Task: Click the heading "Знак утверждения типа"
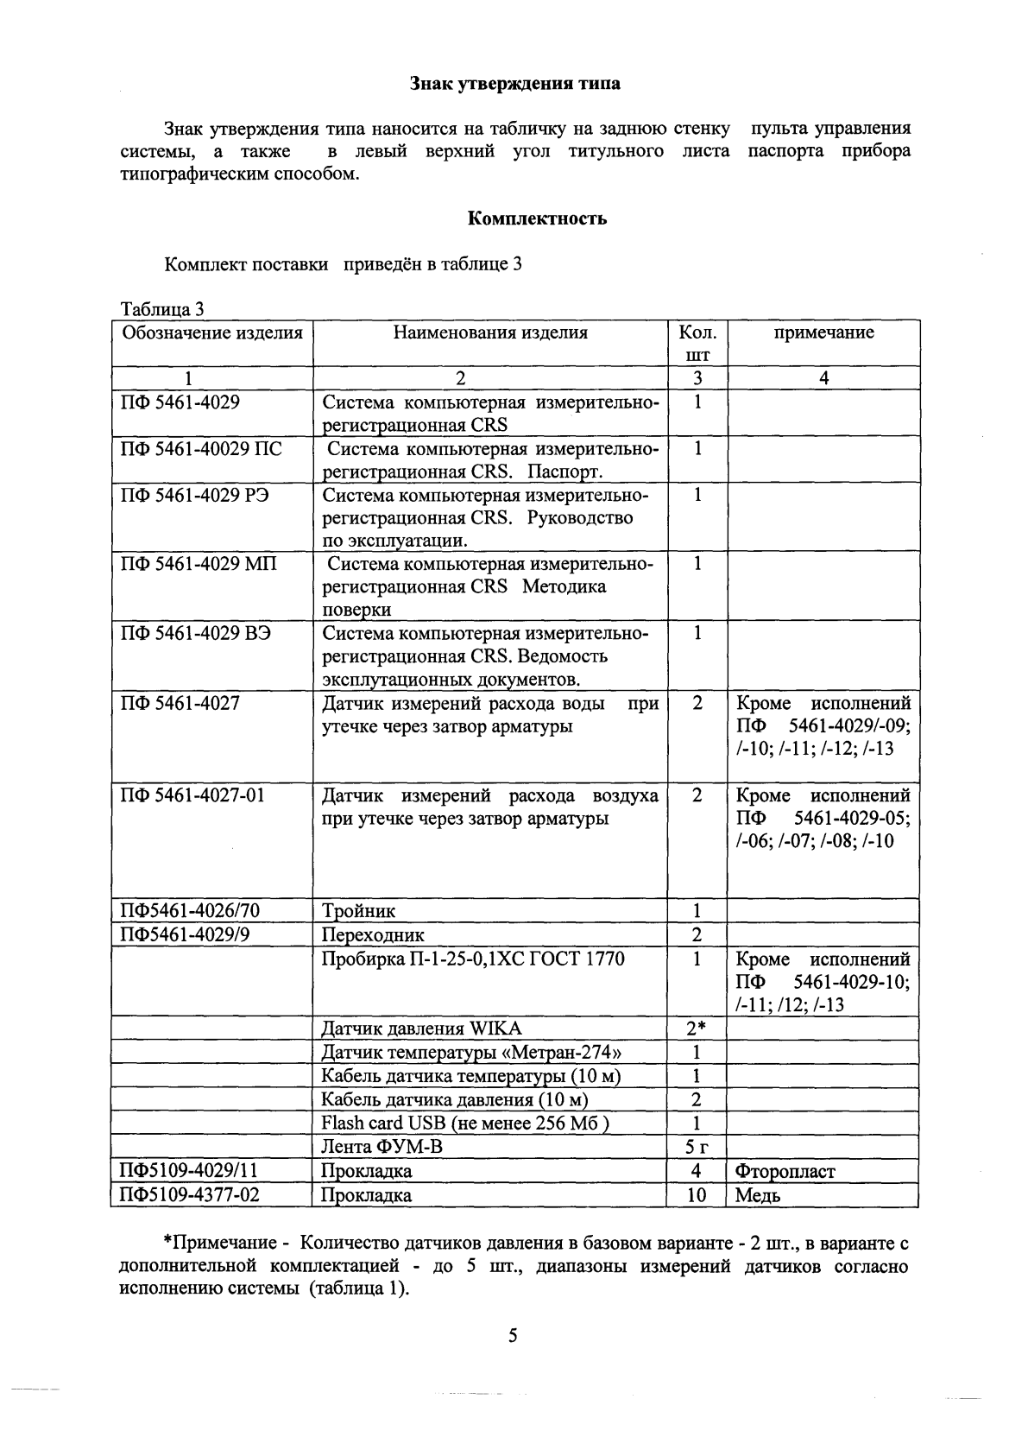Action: pyautogui.click(x=514, y=84)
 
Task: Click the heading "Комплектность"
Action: pyautogui.click(x=537, y=218)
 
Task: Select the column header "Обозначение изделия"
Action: pyautogui.click(x=212, y=332)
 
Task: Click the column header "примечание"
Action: pyautogui.click(x=823, y=332)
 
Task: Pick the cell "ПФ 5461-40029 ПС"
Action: pyautogui.click(x=201, y=449)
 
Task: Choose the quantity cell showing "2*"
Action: pyautogui.click(x=697, y=1029)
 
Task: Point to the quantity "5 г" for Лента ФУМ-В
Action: pyautogui.click(x=697, y=1147)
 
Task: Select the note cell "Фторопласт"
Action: pyautogui.click(x=785, y=1171)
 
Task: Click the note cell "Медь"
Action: pyautogui.click(x=758, y=1195)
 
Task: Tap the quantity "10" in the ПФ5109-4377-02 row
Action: pyautogui.click(x=697, y=1195)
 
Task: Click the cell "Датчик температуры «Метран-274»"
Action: pyautogui.click(x=471, y=1052)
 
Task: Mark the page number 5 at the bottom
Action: pyautogui.click(x=513, y=1337)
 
